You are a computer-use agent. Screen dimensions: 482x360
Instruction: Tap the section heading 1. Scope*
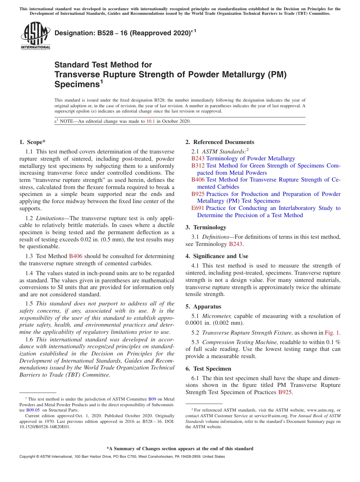pos(32,142)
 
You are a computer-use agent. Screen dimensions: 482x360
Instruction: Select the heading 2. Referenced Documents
pos(220,142)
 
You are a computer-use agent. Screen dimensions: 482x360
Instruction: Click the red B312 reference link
pos(198,166)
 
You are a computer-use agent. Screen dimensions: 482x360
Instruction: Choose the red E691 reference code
pos(198,208)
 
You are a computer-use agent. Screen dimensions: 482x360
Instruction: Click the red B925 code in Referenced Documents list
pos(198,194)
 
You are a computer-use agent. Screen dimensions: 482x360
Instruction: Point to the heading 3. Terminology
pos(206,227)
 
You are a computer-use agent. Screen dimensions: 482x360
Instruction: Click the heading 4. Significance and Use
pos(217,256)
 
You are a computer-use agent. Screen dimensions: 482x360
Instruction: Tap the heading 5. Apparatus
pos(203,307)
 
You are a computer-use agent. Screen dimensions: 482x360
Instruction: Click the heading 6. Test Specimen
pos(208,369)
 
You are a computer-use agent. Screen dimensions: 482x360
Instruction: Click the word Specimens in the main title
pos(77,84)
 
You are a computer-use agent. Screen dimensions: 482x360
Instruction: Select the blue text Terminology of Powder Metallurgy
pos(250,158)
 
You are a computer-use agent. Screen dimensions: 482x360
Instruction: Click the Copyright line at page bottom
pos(122,457)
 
